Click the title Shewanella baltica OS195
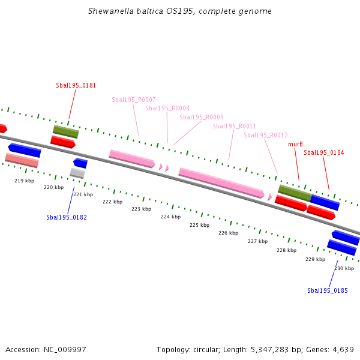coord(179,11)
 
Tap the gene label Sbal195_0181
coord(76,85)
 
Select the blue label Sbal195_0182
coord(66,217)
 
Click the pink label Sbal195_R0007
coord(133,100)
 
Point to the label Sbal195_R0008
coord(167,108)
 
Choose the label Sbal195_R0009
coord(201,117)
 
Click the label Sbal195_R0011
coord(234,126)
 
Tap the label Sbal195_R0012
coord(265,135)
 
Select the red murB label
coord(295,144)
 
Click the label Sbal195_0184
coord(323,152)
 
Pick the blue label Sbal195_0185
coord(327,290)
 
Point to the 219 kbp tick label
coord(24,181)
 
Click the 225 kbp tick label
coord(199,225)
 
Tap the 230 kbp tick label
coord(344,268)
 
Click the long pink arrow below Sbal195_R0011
coord(221,182)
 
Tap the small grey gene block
coord(77,173)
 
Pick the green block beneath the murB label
coord(294,193)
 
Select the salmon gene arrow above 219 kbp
coord(22,160)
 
